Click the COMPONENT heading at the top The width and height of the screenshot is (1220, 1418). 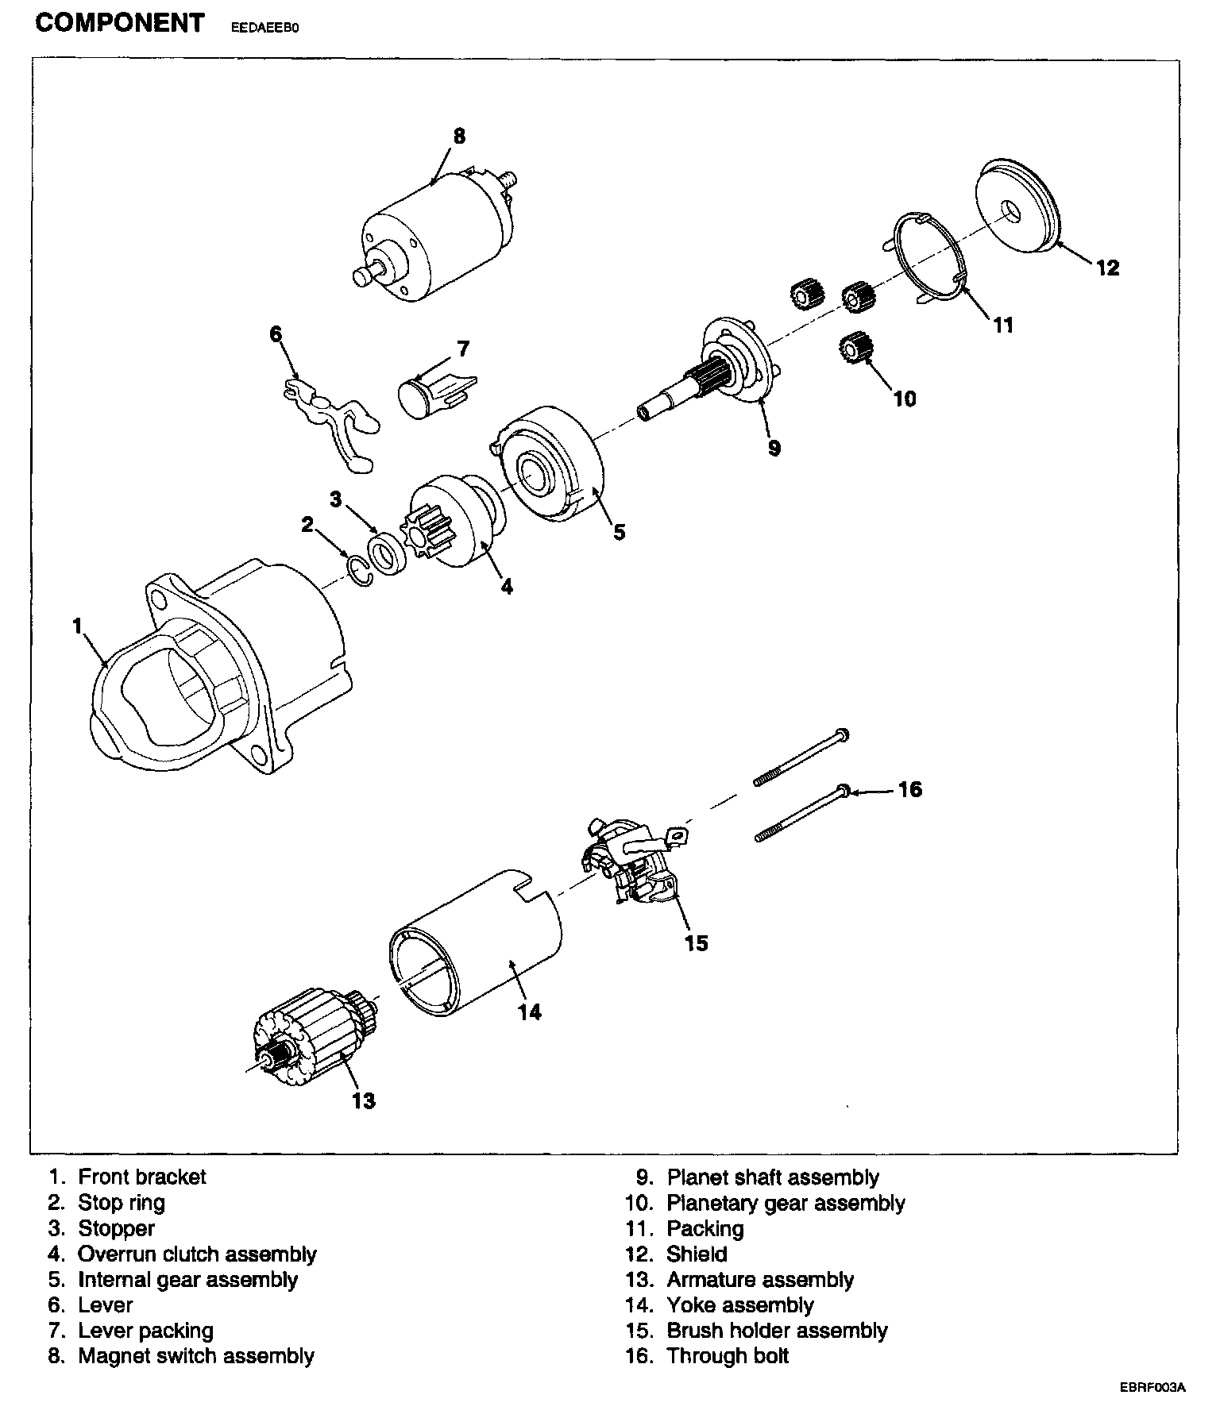click(120, 23)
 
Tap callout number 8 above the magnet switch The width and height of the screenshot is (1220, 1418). click(459, 136)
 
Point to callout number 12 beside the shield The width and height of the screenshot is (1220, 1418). click(1107, 268)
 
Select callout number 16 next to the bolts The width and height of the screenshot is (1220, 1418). click(909, 789)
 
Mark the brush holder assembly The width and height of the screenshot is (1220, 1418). click(632, 861)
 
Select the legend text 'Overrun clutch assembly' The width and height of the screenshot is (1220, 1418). click(197, 1254)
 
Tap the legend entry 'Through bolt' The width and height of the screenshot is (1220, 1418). click(728, 1355)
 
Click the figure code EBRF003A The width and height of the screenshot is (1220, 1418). click(1152, 1410)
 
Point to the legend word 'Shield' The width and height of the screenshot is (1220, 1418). click(697, 1254)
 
